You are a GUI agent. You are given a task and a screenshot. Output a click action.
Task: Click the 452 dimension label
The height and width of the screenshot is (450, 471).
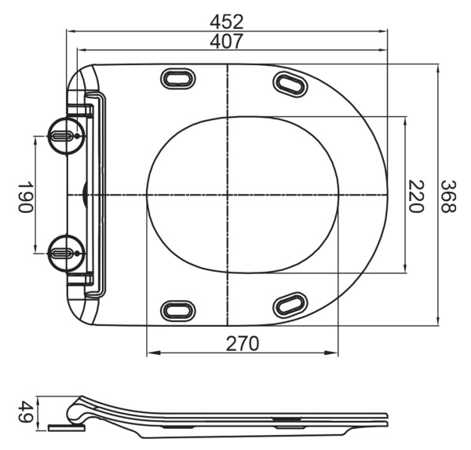click(227, 22)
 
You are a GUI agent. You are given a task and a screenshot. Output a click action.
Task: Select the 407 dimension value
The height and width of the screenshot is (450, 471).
click(226, 42)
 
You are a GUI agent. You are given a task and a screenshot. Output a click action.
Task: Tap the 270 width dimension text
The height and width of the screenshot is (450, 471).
click(242, 344)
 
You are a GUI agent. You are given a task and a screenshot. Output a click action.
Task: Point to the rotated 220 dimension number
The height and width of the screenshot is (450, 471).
click(415, 196)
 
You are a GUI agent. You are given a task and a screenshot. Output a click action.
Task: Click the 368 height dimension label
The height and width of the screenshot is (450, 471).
click(449, 196)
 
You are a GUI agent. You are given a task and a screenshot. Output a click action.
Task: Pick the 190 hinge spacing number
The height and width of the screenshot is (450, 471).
click(24, 196)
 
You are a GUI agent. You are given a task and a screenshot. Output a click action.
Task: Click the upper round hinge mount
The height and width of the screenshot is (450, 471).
click(67, 136)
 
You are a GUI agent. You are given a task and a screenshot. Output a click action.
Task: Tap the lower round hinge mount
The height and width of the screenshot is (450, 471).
click(67, 254)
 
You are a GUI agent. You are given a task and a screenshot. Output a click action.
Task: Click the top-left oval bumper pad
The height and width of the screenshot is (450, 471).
click(178, 79)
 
